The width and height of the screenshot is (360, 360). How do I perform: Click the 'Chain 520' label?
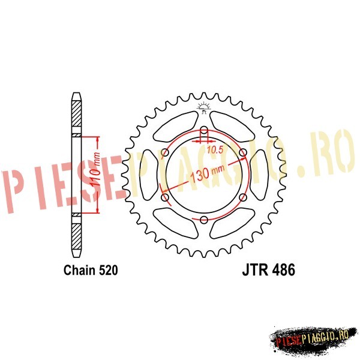click(x=91, y=270)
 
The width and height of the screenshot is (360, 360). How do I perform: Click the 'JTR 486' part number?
click(x=268, y=270)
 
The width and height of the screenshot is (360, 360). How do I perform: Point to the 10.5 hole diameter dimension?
click(x=215, y=150)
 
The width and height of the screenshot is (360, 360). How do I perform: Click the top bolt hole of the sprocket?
click(x=204, y=130)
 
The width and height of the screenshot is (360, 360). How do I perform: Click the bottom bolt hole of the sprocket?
click(x=204, y=220)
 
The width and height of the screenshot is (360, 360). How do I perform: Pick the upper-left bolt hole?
click(x=165, y=152)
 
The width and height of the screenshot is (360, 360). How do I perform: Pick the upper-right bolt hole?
click(x=243, y=152)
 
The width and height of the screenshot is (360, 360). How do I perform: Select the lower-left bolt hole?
click(x=165, y=197)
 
